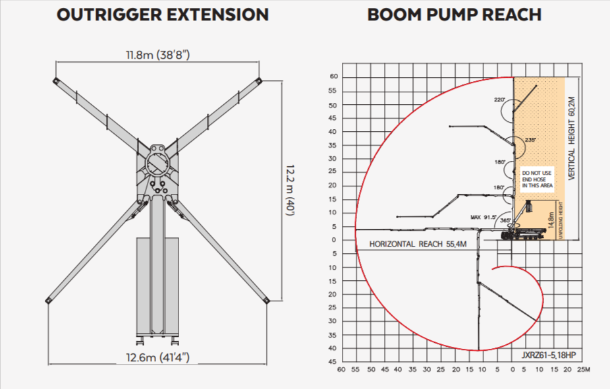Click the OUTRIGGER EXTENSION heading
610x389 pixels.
coord(163,15)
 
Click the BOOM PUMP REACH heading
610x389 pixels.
coord(455,15)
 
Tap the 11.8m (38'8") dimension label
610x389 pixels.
coord(158,55)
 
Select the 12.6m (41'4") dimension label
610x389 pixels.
coord(158,357)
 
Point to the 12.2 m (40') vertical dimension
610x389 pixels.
coord(291,191)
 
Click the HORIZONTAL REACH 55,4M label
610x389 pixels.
coord(418,244)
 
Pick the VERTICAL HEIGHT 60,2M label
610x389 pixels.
coord(572,138)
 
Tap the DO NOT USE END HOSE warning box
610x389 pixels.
coord(538,179)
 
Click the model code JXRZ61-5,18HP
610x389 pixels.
coord(549,355)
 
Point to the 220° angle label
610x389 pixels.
coord(499,100)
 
